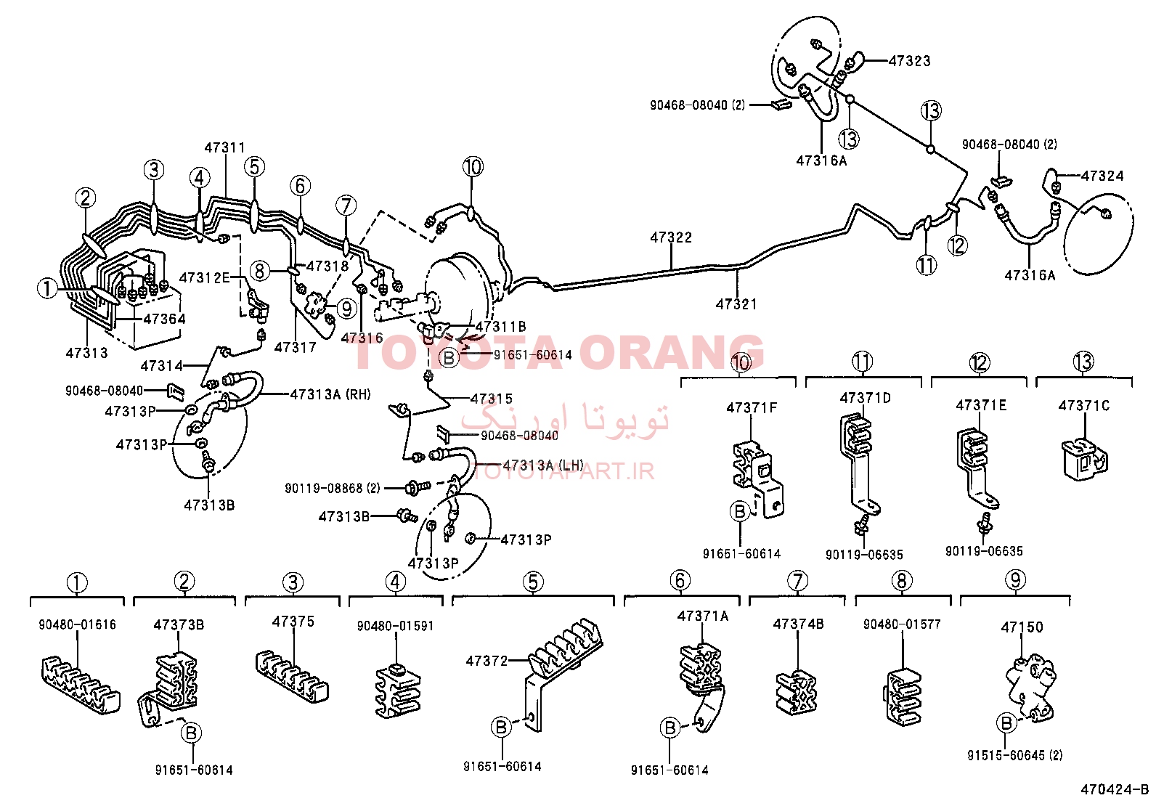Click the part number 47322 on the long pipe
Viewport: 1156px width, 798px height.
click(671, 237)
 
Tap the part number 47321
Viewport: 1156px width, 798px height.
click(736, 304)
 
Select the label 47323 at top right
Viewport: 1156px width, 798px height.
click(909, 61)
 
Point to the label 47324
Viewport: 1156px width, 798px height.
click(1102, 176)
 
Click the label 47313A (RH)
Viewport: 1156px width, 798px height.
click(330, 395)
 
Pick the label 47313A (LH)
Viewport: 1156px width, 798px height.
click(543, 465)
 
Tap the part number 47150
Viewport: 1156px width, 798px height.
click(1022, 627)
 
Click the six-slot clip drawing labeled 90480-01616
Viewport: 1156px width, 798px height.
click(80, 685)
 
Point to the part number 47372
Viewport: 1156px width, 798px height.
click(487, 661)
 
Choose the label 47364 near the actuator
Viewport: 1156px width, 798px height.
click(164, 319)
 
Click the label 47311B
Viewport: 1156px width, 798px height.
click(500, 327)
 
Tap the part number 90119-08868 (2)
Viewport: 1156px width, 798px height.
click(333, 488)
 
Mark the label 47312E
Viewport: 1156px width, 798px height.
click(204, 277)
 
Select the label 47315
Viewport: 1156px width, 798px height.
click(492, 399)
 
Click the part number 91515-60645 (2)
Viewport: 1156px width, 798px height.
click(1015, 755)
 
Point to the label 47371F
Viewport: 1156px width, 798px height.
click(752, 408)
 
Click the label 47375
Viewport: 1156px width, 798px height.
click(293, 622)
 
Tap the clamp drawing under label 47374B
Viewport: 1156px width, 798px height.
click(797, 693)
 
